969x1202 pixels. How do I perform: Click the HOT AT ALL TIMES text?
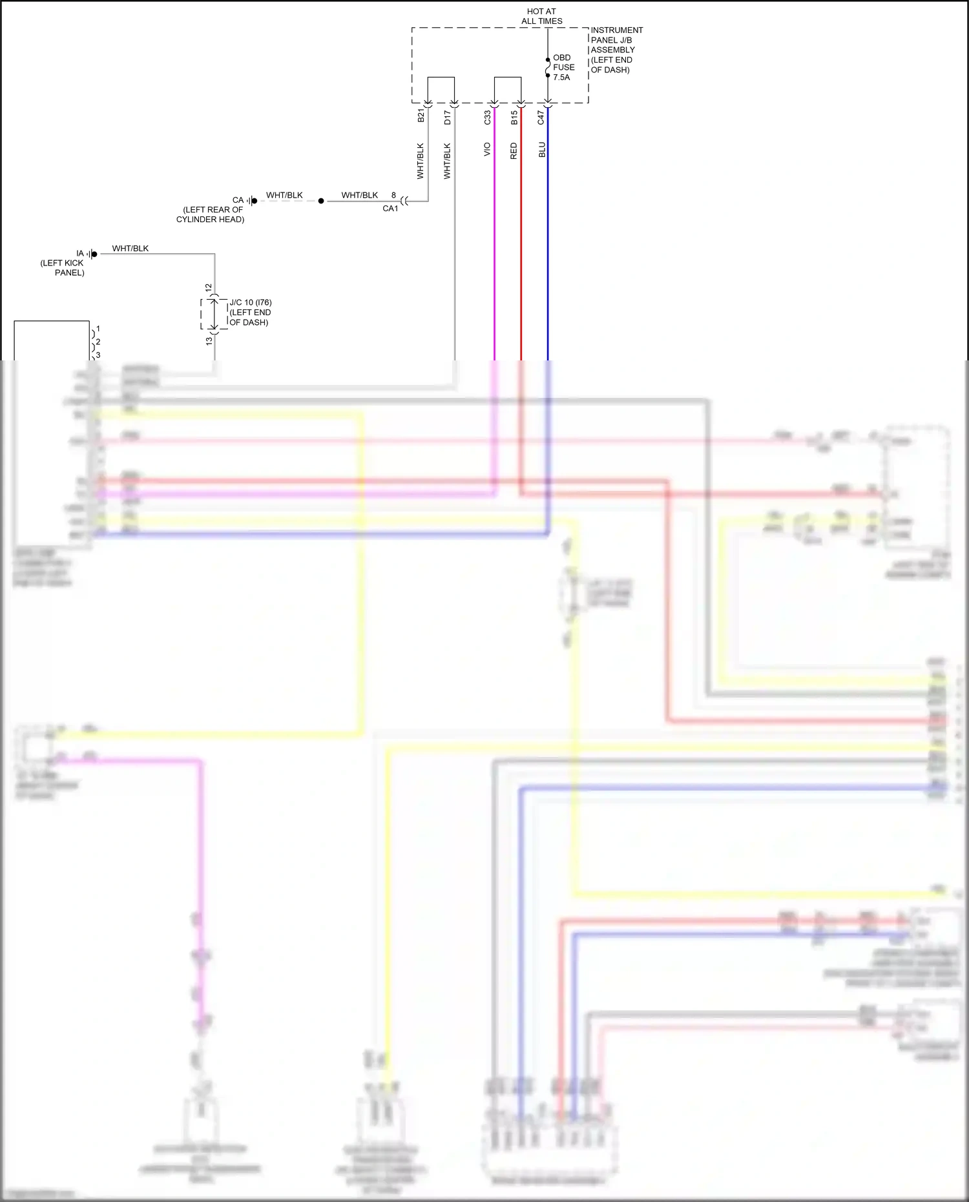tap(541, 16)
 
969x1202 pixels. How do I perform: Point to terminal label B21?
tap(421, 116)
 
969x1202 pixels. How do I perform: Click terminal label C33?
tap(487, 117)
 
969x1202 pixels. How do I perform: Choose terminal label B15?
tap(514, 118)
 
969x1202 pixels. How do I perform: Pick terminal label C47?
tap(541, 118)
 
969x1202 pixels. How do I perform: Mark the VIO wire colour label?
tap(487, 149)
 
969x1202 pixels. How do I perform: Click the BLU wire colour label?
tap(542, 150)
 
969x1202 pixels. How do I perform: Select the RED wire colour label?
tap(514, 151)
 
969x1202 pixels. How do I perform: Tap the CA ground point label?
tap(238, 200)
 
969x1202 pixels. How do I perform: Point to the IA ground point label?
tap(80, 253)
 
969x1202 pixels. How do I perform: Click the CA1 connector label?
tap(390, 209)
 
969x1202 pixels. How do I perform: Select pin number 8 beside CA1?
tap(393, 195)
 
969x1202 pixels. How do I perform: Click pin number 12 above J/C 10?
tap(209, 287)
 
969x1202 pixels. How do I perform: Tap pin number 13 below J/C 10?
tap(209, 340)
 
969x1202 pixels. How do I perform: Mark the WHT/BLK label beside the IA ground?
tap(130, 248)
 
